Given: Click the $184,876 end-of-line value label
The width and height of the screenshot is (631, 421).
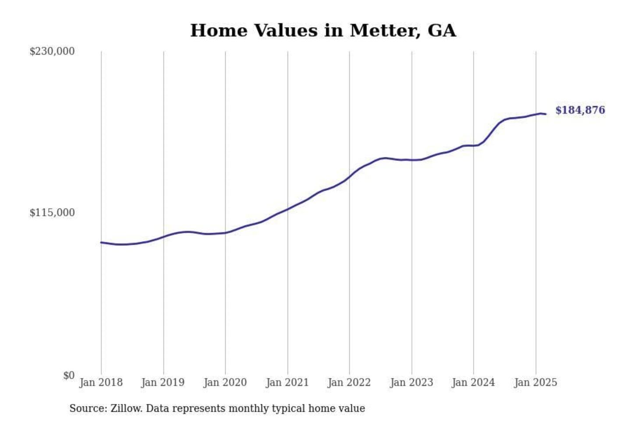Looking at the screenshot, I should (x=580, y=110).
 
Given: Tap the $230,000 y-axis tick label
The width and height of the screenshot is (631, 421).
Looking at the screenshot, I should (x=52, y=51).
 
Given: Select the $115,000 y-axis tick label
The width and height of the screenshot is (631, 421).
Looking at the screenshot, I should (x=52, y=213).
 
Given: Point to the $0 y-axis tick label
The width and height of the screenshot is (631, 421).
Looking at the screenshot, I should (x=69, y=375).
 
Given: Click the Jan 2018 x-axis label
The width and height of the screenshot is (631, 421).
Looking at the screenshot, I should (x=101, y=382).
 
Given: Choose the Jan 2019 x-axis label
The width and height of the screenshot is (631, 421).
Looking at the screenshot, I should (x=163, y=382).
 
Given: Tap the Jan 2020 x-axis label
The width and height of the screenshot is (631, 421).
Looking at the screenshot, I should (x=225, y=382).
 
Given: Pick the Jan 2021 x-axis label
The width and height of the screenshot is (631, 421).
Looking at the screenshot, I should (x=287, y=382).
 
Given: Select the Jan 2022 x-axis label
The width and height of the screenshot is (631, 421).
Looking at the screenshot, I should (x=349, y=382).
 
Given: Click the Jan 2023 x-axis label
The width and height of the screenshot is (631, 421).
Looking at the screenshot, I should (x=411, y=382).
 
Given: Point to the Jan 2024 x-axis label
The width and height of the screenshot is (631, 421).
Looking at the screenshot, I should (x=473, y=382).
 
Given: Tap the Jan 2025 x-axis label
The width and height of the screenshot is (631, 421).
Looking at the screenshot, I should (x=535, y=382).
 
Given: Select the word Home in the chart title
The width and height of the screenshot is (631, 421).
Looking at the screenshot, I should (x=219, y=31).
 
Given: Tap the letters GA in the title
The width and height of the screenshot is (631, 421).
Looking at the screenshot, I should (x=441, y=31).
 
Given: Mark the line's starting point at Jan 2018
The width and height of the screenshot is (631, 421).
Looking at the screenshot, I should (x=101, y=242).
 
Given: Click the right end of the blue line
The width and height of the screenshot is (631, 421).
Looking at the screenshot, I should (x=546, y=114).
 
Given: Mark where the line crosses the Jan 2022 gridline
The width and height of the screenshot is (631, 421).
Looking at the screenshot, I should (x=350, y=177).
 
